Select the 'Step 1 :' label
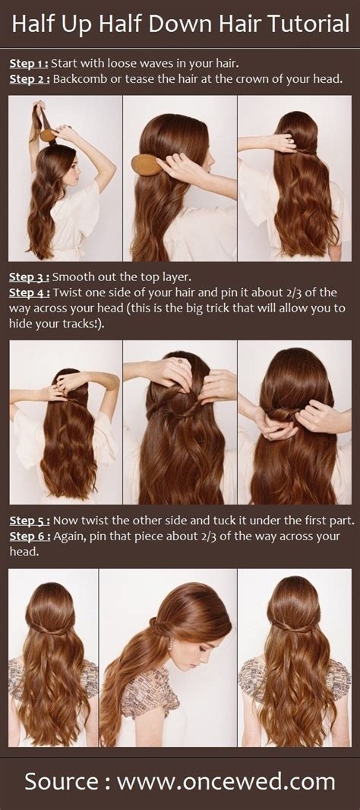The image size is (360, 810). click(30, 62)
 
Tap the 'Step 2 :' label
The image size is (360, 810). click(30, 78)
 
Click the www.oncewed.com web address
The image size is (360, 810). click(233, 781)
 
